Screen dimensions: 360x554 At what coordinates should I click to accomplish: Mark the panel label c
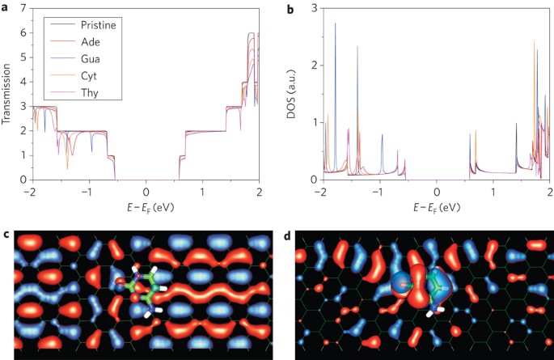pos(6,235)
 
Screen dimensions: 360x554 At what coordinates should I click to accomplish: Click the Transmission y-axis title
pos(7,93)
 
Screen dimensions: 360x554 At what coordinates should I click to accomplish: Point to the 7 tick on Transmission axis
pos(22,8)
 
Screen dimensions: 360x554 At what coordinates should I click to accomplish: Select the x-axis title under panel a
pos(144,207)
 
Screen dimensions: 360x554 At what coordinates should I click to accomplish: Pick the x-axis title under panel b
pos(434,207)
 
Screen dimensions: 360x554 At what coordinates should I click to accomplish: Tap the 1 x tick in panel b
pos(493,192)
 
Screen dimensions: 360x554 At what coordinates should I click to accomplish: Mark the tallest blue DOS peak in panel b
pos(335,24)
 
